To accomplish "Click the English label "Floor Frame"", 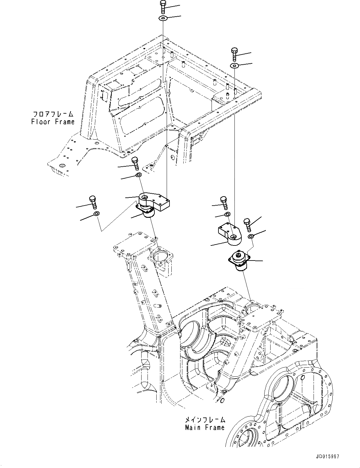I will coord(53,122).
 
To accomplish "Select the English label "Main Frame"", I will coord(205,428).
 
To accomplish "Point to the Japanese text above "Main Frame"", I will coord(205,420).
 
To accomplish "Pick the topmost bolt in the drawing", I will coord(163,7).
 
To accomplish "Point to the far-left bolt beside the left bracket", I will coord(93,202).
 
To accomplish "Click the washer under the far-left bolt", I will coord(96,214).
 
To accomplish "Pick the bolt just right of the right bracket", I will coord(247,224).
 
